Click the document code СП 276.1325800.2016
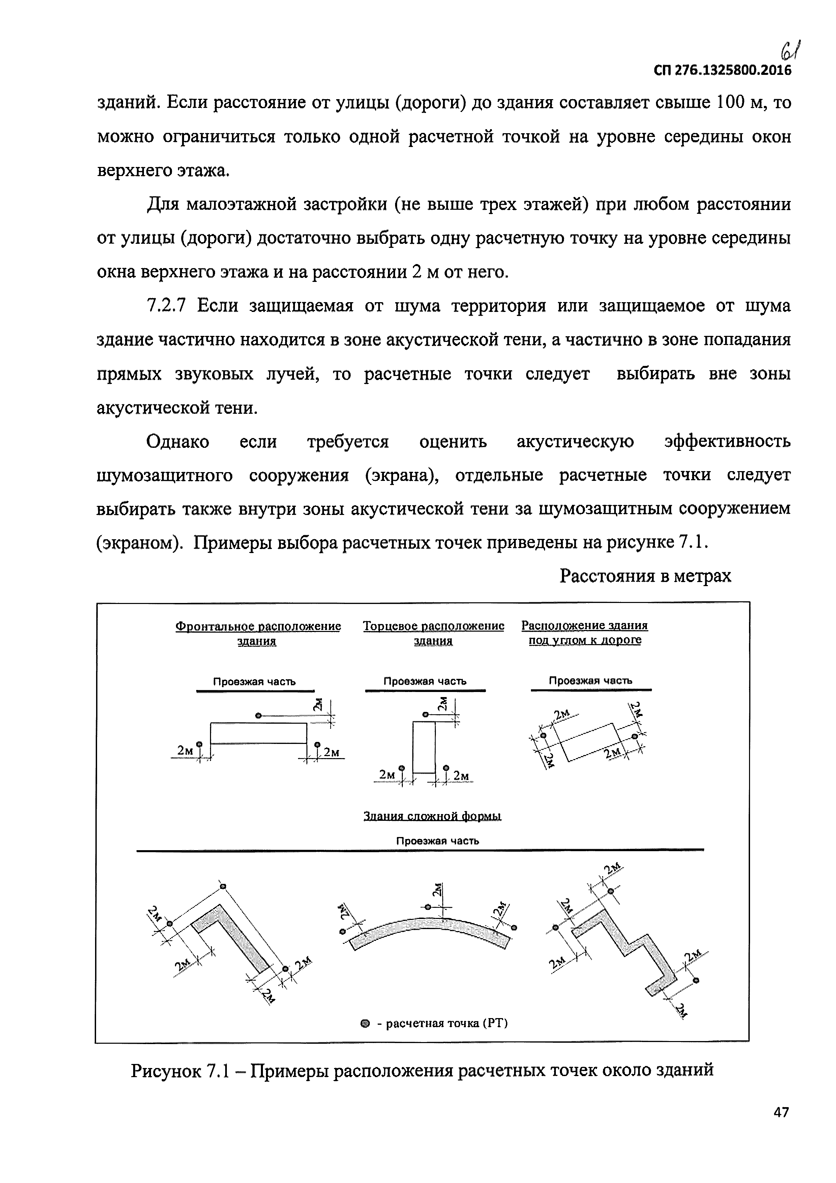pos(722,70)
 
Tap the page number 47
pos(781,1127)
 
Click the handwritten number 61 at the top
pos(791,50)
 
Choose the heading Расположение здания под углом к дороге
pos(585,632)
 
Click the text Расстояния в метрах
pos(646,576)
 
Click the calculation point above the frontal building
pos(258,715)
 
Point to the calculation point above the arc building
pos(427,907)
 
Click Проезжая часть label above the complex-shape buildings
pos(437,841)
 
